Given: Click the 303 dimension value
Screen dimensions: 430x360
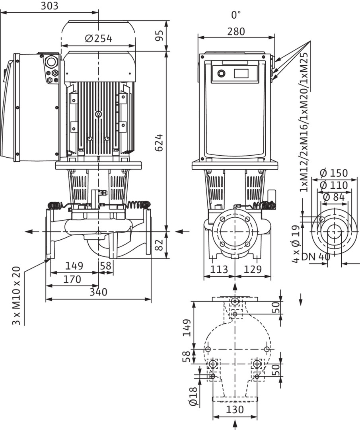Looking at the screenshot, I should [49, 6].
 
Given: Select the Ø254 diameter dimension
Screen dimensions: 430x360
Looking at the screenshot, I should [99, 39].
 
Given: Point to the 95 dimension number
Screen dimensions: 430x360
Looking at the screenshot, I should [159, 35].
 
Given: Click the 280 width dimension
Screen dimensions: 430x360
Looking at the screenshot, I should [236, 31].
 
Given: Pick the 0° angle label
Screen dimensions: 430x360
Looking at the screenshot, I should [236, 15].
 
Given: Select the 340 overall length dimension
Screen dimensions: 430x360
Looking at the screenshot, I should [98, 292].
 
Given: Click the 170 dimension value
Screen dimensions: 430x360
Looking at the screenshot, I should [72, 279].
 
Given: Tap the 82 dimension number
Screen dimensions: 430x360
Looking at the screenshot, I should [159, 245].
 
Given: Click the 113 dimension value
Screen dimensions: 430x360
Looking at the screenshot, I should [219, 270].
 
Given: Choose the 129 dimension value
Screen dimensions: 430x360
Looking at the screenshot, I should [253, 270].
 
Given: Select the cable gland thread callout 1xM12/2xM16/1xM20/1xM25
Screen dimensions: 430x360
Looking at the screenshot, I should [304, 122].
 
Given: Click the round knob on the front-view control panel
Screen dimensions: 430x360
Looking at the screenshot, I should [221, 73].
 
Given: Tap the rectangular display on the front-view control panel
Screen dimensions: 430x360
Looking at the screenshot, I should [241, 73].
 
